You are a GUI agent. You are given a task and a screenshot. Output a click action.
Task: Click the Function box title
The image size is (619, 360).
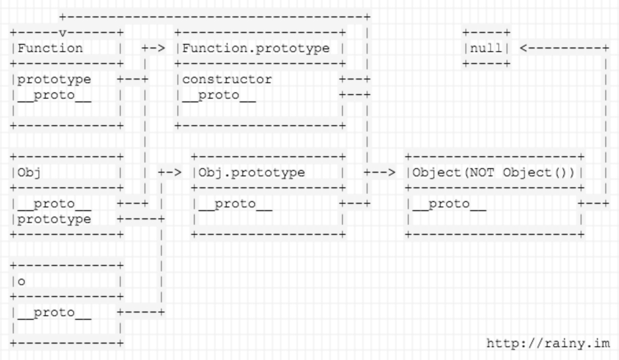tap(50, 48)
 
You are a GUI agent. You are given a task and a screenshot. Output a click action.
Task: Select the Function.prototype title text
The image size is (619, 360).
tap(256, 48)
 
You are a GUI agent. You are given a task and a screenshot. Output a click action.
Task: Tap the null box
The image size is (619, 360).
tap(486, 48)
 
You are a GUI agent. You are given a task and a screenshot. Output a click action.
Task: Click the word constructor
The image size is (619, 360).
tap(227, 79)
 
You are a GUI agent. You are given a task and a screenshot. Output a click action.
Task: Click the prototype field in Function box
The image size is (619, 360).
tap(54, 79)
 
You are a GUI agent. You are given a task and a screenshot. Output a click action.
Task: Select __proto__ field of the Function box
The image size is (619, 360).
tap(54, 95)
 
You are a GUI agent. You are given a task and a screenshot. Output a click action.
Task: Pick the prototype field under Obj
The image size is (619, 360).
tap(54, 219)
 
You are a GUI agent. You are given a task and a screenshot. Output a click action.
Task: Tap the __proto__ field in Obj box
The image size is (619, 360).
tap(54, 203)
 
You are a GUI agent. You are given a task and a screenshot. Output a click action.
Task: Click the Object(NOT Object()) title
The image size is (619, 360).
tap(494, 172)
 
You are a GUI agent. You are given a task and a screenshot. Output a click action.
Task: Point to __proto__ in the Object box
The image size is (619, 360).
tap(449, 203)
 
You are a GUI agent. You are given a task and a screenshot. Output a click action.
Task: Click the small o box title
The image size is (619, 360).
tap(21, 281)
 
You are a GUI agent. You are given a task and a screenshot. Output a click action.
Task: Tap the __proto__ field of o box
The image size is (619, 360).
tap(54, 312)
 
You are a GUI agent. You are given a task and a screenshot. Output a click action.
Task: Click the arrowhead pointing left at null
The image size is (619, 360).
tap(524, 48)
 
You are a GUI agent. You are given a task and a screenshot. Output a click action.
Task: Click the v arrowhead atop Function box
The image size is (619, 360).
tap(63, 33)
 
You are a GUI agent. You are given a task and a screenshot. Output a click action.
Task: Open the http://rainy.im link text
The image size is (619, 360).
tap(548, 343)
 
